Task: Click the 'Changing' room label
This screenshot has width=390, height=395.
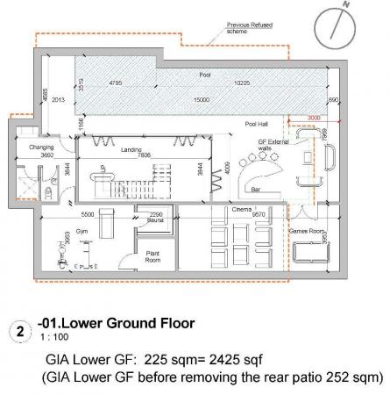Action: (x=42, y=147)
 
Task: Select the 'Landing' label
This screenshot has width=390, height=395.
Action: (x=131, y=147)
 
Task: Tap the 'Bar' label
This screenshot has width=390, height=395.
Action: (x=257, y=189)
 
